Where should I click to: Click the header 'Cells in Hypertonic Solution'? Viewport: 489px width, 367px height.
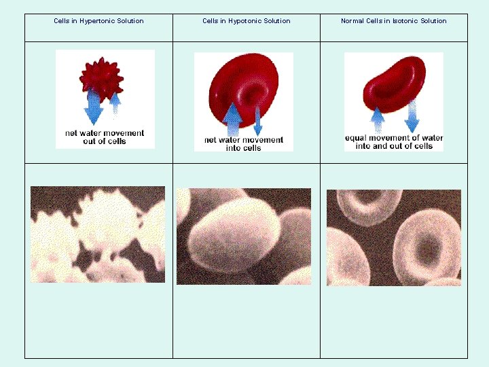(98, 21)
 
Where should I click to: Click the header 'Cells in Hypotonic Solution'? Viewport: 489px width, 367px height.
(246, 21)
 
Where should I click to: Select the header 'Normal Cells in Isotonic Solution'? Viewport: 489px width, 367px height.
(393, 21)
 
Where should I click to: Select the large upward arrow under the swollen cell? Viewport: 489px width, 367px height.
(232, 119)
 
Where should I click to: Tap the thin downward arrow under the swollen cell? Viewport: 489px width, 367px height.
(257, 120)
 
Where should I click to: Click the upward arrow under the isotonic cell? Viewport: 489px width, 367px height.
(378, 120)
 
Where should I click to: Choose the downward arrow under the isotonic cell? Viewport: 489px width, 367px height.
(412, 117)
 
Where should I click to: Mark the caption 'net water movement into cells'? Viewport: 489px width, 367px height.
(243, 144)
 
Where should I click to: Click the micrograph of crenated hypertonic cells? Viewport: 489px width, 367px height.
(98, 234)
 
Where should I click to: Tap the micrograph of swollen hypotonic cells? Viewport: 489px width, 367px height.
(244, 237)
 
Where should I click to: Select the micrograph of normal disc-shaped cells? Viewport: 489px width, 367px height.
(394, 237)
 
